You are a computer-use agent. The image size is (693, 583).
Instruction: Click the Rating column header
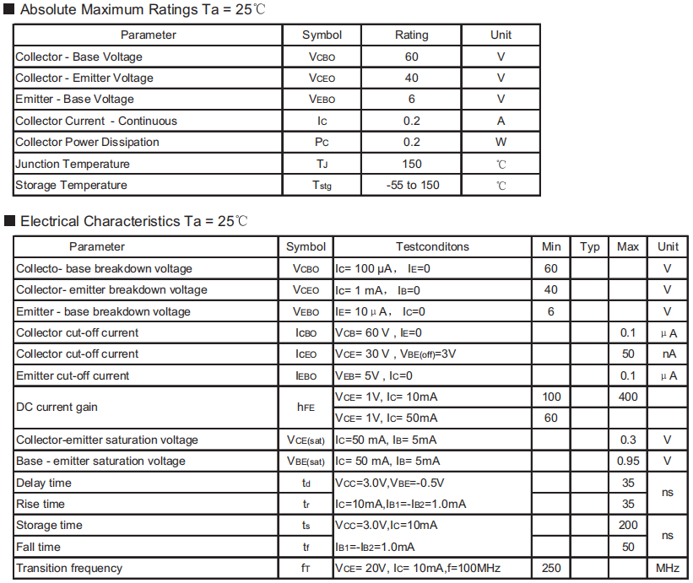411,35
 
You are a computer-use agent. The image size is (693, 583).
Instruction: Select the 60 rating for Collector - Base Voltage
411,57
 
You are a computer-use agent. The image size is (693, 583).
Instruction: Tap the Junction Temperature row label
73,164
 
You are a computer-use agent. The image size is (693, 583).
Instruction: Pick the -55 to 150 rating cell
412,185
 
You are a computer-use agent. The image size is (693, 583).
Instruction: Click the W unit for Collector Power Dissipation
501,142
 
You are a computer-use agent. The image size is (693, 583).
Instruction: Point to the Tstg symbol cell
322,186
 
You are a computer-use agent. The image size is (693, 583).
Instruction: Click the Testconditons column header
432,246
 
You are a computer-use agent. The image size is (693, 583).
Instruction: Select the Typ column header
590,246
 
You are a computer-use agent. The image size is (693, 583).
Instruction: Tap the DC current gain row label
57,407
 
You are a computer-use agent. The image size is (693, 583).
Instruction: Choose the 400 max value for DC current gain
628,397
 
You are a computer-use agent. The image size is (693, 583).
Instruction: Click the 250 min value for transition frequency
551,568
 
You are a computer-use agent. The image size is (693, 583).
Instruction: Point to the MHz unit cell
668,568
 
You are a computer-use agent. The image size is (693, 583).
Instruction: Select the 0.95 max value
628,461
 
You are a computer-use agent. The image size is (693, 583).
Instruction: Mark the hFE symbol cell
306,407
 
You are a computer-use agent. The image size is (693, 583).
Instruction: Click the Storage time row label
49,525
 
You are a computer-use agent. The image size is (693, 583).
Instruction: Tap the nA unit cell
668,354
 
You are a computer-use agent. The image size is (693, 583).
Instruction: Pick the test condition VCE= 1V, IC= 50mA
387,418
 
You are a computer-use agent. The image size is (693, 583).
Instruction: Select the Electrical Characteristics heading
133,221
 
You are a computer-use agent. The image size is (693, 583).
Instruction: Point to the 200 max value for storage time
628,525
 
